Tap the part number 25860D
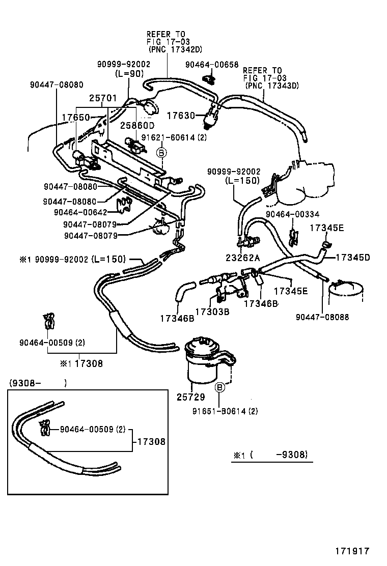coord(137,125)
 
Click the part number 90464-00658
coord(212,65)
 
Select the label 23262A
coord(243,258)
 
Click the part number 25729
coord(190,395)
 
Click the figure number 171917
coord(351,551)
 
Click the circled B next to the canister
coord(220,388)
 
